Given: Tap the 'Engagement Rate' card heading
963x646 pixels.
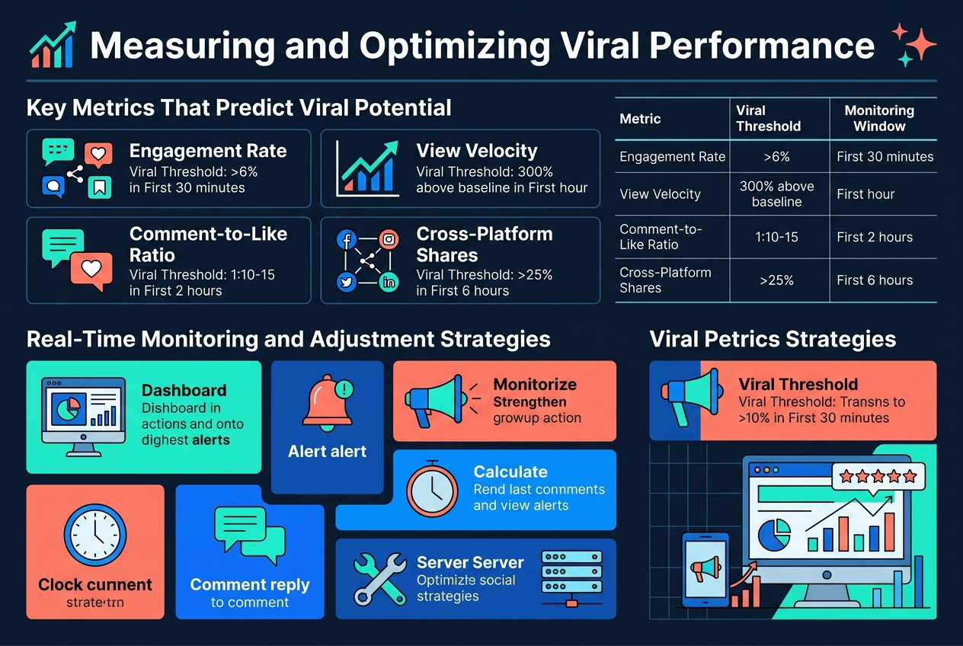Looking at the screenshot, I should [208, 151].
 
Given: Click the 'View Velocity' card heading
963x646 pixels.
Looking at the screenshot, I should [476, 151].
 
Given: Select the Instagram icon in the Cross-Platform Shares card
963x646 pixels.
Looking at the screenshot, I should [389, 239].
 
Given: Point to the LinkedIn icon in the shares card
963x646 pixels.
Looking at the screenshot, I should [389, 282].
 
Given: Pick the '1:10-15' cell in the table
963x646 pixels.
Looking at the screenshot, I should [777, 237].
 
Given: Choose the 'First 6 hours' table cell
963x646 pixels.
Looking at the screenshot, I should [874, 280].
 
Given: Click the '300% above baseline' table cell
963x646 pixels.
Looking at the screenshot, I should [776, 193].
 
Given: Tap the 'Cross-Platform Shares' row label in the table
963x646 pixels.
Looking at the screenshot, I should [654, 280].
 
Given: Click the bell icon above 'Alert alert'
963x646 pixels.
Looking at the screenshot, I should [328, 401].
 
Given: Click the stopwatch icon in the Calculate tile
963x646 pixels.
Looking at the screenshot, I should [432, 490].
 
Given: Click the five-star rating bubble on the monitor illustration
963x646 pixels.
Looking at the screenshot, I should [877, 478].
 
